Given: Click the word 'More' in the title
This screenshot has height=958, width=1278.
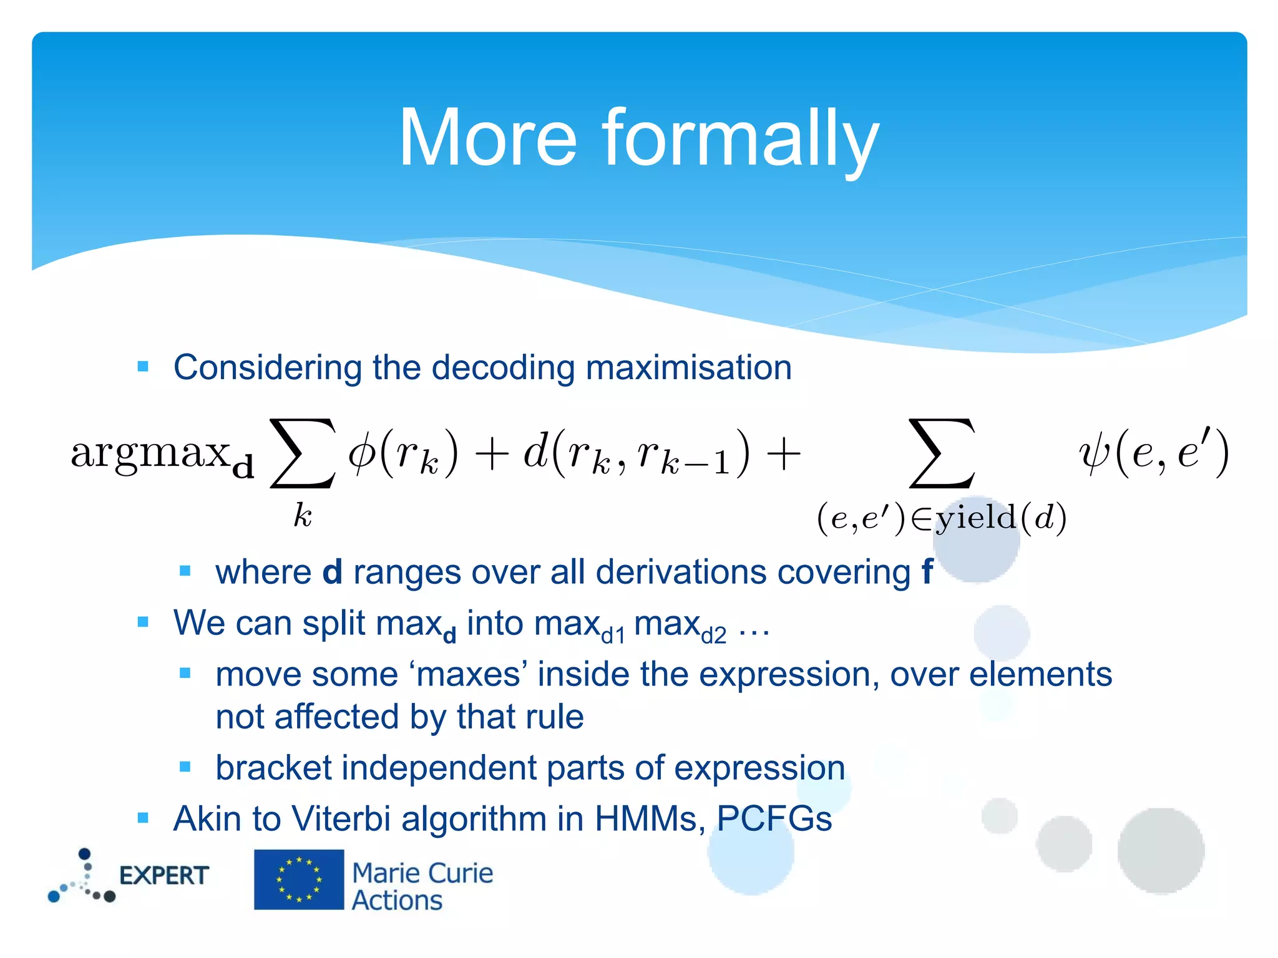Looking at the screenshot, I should [487, 138].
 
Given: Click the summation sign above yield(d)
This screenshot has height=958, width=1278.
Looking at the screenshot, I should [942, 453].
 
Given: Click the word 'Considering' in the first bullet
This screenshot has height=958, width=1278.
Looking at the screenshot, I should [267, 367].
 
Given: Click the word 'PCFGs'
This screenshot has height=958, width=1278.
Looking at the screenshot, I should [774, 819].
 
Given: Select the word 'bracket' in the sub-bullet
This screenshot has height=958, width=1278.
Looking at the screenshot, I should [273, 768].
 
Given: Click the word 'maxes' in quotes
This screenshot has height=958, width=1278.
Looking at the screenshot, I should [469, 675].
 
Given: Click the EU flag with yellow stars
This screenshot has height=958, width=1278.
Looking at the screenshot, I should [299, 879].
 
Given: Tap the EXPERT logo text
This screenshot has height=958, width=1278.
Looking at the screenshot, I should [163, 876].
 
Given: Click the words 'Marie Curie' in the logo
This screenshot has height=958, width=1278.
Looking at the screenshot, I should [422, 873].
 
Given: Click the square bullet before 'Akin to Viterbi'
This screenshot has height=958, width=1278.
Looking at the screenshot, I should [143, 818].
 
